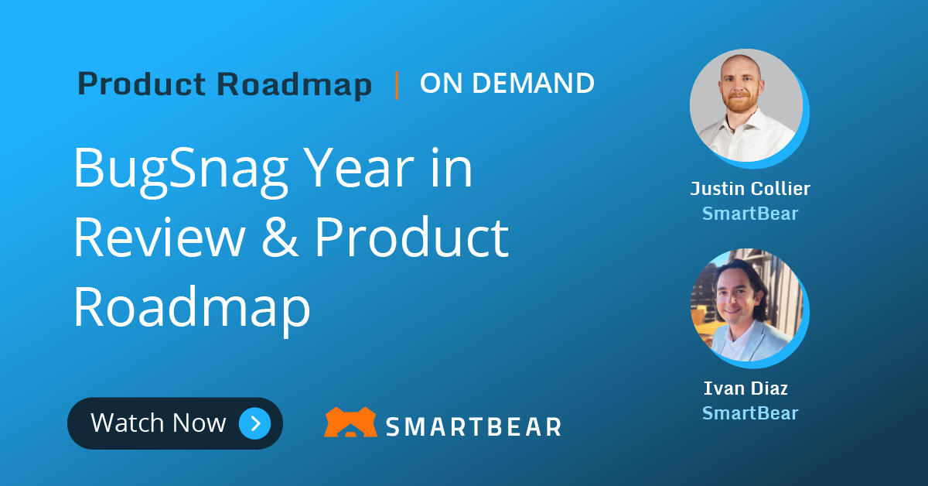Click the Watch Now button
click(x=175, y=423)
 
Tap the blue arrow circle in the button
click(x=254, y=423)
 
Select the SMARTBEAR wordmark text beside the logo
click(x=473, y=425)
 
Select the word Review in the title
click(x=159, y=238)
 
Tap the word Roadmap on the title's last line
click(x=192, y=306)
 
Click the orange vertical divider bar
click(x=397, y=84)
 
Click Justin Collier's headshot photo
click(x=745, y=104)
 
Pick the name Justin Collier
click(x=750, y=188)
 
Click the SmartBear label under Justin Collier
click(x=750, y=213)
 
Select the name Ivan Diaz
click(x=745, y=388)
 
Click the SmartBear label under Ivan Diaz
click(x=750, y=413)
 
